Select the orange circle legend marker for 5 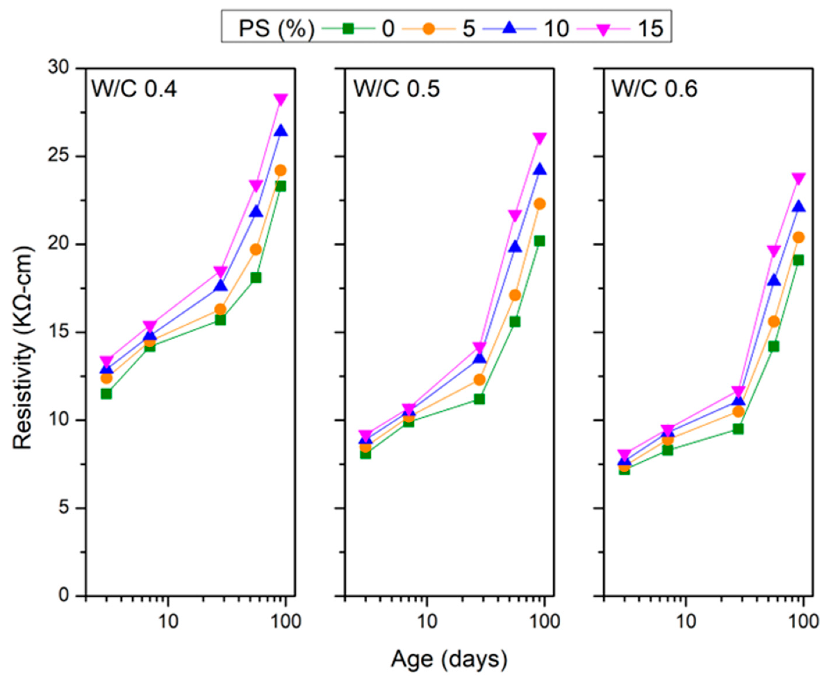429,28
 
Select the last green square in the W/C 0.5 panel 540,241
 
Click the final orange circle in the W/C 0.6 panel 799,237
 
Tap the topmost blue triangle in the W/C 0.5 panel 540,170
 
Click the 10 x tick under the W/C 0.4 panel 168,621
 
